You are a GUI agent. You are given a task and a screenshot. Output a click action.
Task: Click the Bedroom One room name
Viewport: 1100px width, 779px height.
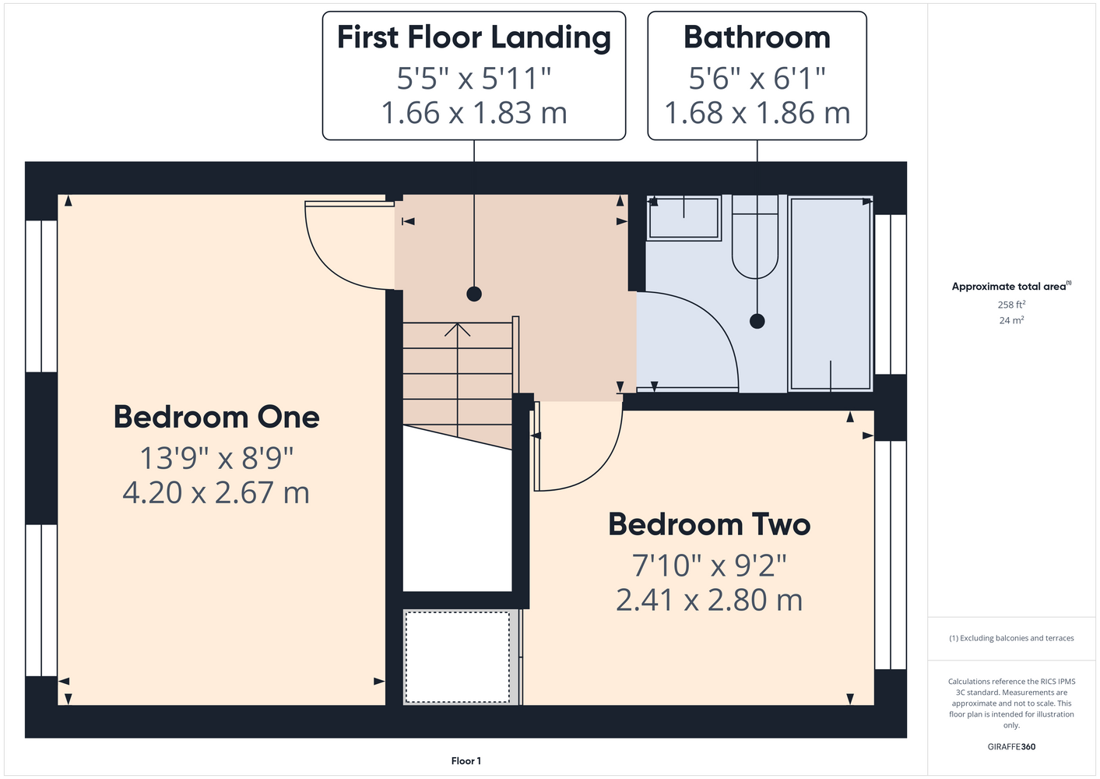(216, 418)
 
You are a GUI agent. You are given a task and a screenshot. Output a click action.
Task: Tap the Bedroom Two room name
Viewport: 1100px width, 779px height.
(709, 524)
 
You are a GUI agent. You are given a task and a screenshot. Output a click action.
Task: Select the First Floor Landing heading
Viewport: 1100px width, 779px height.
(474, 38)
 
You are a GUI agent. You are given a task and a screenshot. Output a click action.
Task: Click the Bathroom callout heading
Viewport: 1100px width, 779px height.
(757, 37)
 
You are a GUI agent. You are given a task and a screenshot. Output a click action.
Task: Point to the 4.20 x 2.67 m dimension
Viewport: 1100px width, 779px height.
(216, 492)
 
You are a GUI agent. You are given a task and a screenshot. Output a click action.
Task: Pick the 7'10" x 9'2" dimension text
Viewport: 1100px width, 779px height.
(709, 566)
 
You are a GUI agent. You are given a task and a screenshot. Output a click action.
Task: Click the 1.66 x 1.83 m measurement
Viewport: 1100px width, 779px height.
(474, 112)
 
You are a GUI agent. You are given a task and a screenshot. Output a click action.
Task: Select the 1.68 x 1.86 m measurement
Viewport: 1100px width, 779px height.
(757, 112)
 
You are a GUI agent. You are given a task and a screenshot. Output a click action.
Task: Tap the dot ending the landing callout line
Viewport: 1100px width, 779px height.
(474, 294)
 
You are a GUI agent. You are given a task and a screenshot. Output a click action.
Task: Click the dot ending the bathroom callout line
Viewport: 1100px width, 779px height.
(757, 322)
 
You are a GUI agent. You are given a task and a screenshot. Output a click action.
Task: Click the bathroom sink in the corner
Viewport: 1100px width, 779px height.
(684, 217)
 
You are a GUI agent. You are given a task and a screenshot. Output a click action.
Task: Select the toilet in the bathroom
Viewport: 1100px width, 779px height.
(755, 237)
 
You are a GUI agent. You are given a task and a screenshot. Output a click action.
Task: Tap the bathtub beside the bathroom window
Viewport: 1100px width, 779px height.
(831, 294)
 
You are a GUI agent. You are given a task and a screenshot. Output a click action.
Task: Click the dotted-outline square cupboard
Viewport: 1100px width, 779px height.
(458, 657)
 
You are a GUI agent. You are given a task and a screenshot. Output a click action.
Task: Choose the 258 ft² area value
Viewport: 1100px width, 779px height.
(1011, 305)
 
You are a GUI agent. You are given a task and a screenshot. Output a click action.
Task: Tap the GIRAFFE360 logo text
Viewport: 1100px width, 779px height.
(1011, 746)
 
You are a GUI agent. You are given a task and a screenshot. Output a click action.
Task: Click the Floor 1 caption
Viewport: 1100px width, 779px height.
(466, 761)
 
